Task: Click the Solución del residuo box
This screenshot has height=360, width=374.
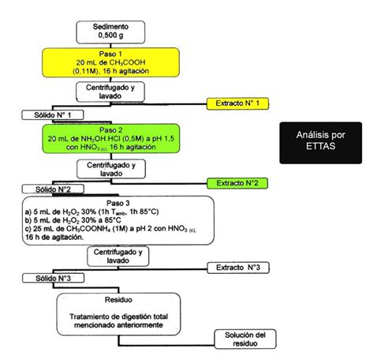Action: pos(247,339)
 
